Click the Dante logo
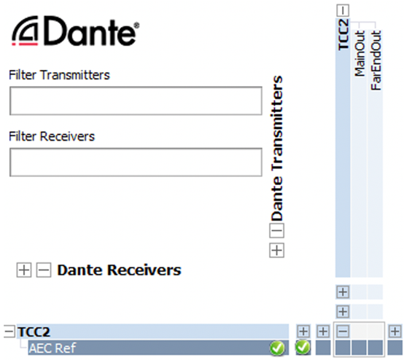(x=76, y=31)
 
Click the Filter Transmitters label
(x=59, y=75)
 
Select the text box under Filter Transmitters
(x=136, y=101)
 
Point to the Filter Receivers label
(x=52, y=136)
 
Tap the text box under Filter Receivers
(x=136, y=163)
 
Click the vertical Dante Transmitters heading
(x=277, y=149)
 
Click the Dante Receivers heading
(x=120, y=270)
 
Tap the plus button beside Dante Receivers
(x=24, y=270)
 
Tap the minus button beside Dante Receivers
(x=44, y=270)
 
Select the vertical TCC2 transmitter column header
(x=343, y=34)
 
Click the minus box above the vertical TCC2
(x=343, y=10)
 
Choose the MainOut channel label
(x=360, y=53)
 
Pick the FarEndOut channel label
(x=376, y=60)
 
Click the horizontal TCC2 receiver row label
(x=34, y=332)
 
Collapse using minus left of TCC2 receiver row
(x=9, y=331)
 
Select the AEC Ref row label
(x=53, y=348)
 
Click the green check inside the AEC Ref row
(x=277, y=348)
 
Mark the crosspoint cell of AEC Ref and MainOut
(x=360, y=348)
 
